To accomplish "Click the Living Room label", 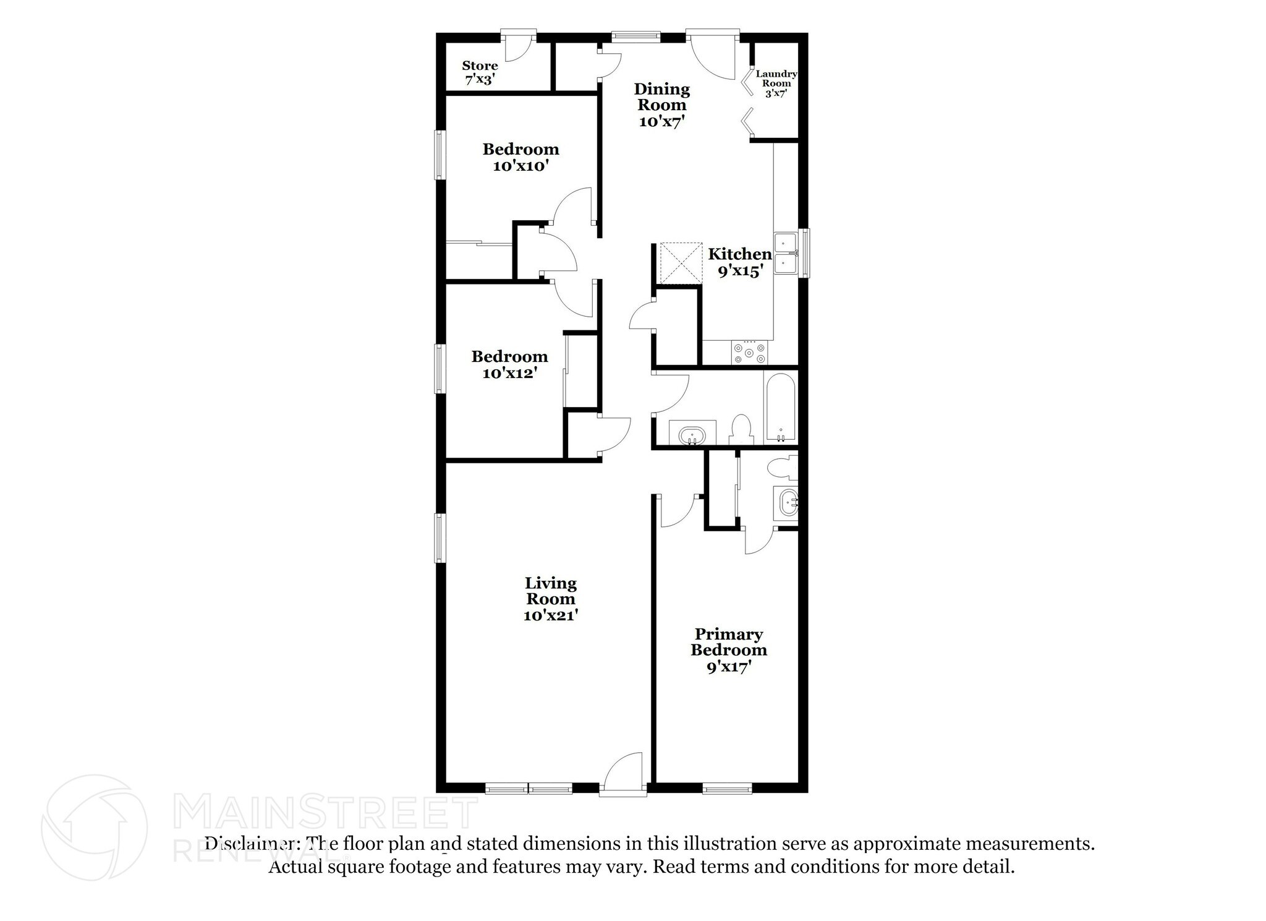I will coord(550,599).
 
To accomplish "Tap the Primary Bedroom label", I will coord(729,650).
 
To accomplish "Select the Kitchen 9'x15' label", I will coord(739,262).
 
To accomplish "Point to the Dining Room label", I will coord(661,105).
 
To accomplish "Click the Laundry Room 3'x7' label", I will coord(776,84).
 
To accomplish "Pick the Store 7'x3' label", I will coord(480,72).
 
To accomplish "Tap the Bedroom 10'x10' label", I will coord(520,157).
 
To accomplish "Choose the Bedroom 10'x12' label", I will coord(509,364).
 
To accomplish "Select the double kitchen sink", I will coord(786,253).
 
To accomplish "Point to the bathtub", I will coord(780,408).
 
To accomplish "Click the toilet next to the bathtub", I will coord(741,429).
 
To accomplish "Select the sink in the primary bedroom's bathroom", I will coord(788,503).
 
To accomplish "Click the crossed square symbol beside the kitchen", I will coord(681,263).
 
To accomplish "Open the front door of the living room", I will coord(623,773).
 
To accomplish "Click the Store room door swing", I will coord(518,48).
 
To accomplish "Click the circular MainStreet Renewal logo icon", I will coord(95,827).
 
